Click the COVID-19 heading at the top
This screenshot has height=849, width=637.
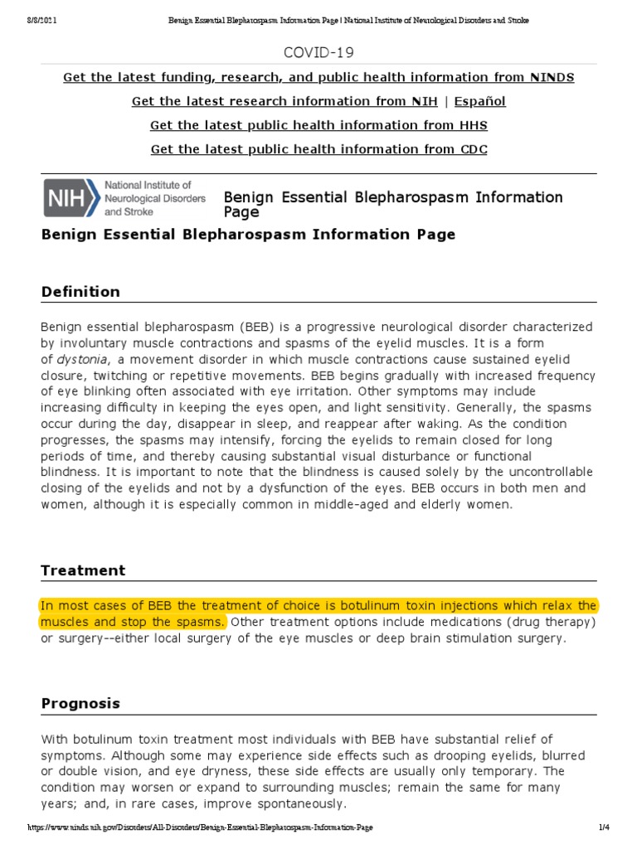pyautogui.click(x=318, y=53)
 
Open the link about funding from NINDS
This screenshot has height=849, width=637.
pyautogui.click(x=318, y=78)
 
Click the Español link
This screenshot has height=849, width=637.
pyautogui.click(x=480, y=102)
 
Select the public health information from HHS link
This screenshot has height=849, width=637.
pyautogui.click(x=318, y=126)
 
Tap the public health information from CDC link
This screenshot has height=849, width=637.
pyautogui.click(x=318, y=150)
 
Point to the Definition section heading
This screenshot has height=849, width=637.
pyautogui.click(x=80, y=292)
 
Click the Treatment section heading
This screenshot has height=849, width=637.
pyautogui.click(x=83, y=570)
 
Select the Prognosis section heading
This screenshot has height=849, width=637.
pyautogui.click(x=80, y=703)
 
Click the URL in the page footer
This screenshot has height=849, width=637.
pyautogui.click(x=199, y=827)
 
